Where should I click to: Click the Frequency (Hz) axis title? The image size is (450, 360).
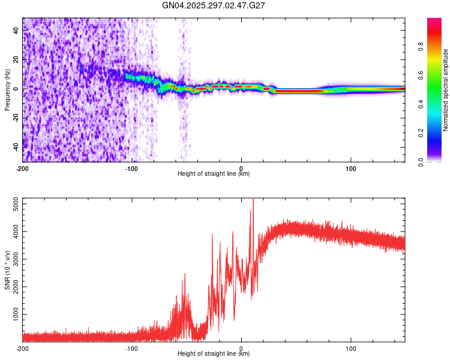click(x=7, y=90)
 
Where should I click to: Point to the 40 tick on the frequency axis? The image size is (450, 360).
click(x=16, y=31)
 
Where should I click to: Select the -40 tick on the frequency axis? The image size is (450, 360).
click(x=16, y=146)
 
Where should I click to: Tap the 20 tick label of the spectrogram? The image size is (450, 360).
click(x=16, y=59)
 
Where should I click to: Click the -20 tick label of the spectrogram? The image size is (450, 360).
click(x=16, y=118)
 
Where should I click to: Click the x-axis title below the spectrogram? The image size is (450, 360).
click(x=214, y=174)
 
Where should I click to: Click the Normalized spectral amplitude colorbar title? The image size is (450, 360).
click(x=446, y=90)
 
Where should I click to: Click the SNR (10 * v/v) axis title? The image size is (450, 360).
click(x=7, y=270)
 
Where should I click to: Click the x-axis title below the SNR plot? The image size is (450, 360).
click(x=214, y=354)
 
